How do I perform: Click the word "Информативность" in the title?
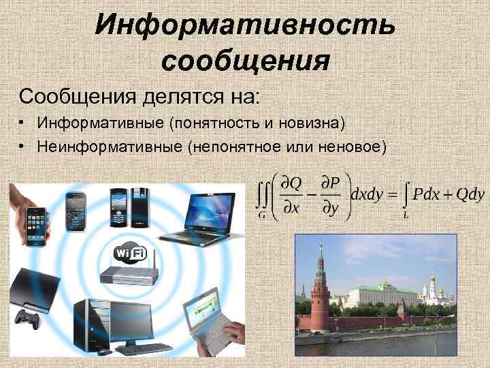pos(244,25)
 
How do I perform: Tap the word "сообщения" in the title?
pos(246,61)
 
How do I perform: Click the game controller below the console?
pos(28,319)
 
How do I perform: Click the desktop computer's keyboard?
pos(147,351)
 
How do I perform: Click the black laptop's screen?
pos(208,207)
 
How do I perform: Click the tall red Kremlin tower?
pos(320,286)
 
